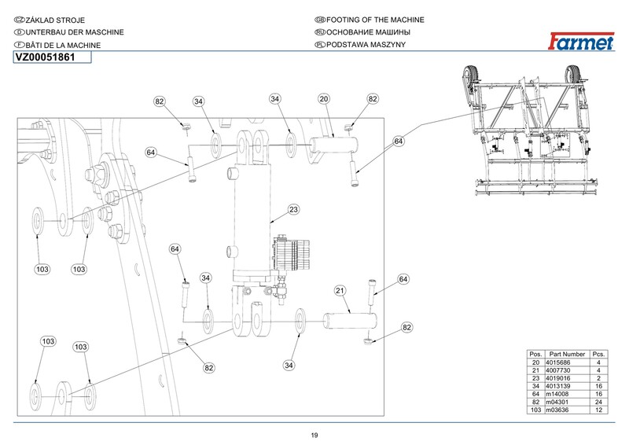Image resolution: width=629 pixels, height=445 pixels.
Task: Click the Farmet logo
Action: point(581,42)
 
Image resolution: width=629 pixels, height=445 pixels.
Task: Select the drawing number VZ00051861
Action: point(45,57)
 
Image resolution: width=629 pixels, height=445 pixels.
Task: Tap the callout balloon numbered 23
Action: point(293,209)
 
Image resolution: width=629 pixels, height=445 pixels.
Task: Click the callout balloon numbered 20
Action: point(324,99)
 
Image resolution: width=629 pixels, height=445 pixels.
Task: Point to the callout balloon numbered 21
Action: point(340,291)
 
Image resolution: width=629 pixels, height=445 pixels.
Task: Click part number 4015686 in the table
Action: point(557,362)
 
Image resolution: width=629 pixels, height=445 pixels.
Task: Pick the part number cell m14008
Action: point(557,394)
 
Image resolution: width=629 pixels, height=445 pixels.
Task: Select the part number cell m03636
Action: point(557,410)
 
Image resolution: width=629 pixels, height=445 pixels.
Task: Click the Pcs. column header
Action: point(598,355)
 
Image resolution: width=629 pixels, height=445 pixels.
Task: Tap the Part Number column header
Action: point(567,355)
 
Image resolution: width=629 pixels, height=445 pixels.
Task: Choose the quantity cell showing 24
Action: point(598,402)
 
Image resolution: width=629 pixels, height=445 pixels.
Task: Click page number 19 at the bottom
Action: point(314,436)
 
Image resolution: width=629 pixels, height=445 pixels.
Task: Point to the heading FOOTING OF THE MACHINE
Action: point(375,20)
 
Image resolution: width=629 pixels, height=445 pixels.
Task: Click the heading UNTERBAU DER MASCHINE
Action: point(75,32)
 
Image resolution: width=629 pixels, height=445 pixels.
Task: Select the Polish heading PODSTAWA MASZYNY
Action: point(366,45)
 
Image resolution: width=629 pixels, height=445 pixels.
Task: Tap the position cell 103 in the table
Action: point(535,410)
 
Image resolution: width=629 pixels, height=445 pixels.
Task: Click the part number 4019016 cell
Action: point(557,378)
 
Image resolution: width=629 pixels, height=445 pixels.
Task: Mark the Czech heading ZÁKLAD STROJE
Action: point(55,20)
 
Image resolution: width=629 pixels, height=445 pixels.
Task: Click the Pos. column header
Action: point(535,355)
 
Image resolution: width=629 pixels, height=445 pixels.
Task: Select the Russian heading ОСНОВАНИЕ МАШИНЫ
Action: point(368,32)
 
